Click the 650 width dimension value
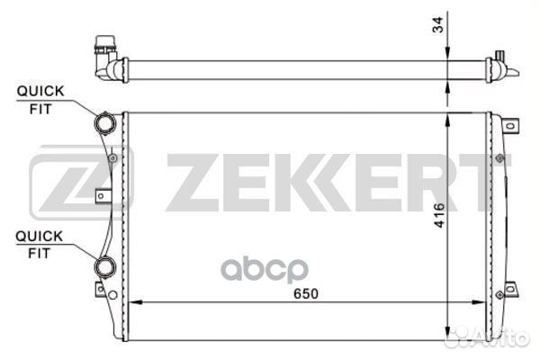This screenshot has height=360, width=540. [x=306, y=293]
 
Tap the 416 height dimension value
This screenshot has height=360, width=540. [x=439, y=215]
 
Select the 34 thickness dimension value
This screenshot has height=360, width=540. [x=438, y=25]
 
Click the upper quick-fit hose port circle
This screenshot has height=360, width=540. [x=105, y=123]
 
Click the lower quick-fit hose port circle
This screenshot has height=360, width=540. [x=105, y=266]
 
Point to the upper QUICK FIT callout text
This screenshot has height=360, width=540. [x=40, y=100]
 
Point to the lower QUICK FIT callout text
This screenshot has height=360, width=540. [x=40, y=245]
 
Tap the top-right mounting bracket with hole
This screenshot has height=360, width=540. [x=510, y=126]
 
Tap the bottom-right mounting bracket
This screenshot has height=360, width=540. [x=510, y=289]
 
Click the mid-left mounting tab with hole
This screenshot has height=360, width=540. [x=103, y=196]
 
